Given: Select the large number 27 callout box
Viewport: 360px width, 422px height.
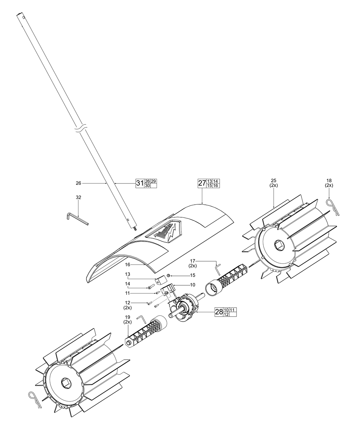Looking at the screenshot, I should pyautogui.click(x=202, y=183).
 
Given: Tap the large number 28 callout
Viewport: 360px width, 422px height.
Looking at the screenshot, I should pyautogui.click(x=219, y=312).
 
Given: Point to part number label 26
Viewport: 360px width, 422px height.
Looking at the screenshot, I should pyautogui.click(x=78, y=183).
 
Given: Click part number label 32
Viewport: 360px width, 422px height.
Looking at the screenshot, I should pyautogui.click(x=78, y=198).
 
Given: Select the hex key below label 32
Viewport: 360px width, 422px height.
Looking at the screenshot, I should pyautogui.click(x=77, y=218).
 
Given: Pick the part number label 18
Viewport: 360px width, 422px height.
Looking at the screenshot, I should pyautogui.click(x=329, y=180).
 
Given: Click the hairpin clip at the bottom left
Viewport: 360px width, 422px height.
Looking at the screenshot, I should pyautogui.click(x=36, y=399).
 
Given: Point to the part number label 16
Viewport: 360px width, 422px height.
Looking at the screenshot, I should pyautogui.click(x=128, y=264).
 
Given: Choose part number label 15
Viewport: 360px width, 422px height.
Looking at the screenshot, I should pyautogui.click(x=183, y=276).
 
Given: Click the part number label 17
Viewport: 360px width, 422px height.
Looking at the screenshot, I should pyautogui.click(x=192, y=260).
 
